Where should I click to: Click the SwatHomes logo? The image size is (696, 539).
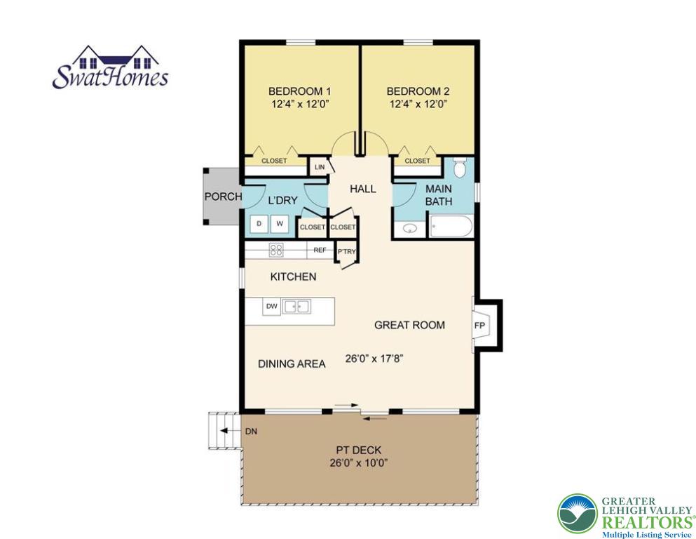(110, 68)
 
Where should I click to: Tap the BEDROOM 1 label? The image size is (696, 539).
(300, 91)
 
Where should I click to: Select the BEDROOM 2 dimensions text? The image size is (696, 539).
(418, 104)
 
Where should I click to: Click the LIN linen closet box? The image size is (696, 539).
(320, 167)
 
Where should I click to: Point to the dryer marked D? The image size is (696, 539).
(259, 224)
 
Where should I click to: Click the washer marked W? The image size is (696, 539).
(280, 224)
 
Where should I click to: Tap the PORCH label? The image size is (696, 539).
(223, 197)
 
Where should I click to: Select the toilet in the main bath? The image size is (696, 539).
(460, 168)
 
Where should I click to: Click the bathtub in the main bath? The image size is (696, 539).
(451, 227)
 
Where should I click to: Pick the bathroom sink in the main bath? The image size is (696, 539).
(410, 228)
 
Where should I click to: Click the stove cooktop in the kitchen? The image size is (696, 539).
(277, 249)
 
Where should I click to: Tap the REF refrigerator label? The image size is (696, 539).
(320, 250)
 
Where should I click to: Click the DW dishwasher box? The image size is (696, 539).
(271, 306)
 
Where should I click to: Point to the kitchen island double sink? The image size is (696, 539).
(296, 306)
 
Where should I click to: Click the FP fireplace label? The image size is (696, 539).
(480, 326)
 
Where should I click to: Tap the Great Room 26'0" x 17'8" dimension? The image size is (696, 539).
(374, 358)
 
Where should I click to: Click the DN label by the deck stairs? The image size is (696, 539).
(251, 432)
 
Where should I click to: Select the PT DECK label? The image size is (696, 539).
(358, 450)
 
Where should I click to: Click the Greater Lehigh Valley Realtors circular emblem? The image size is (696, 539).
(577, 514)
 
